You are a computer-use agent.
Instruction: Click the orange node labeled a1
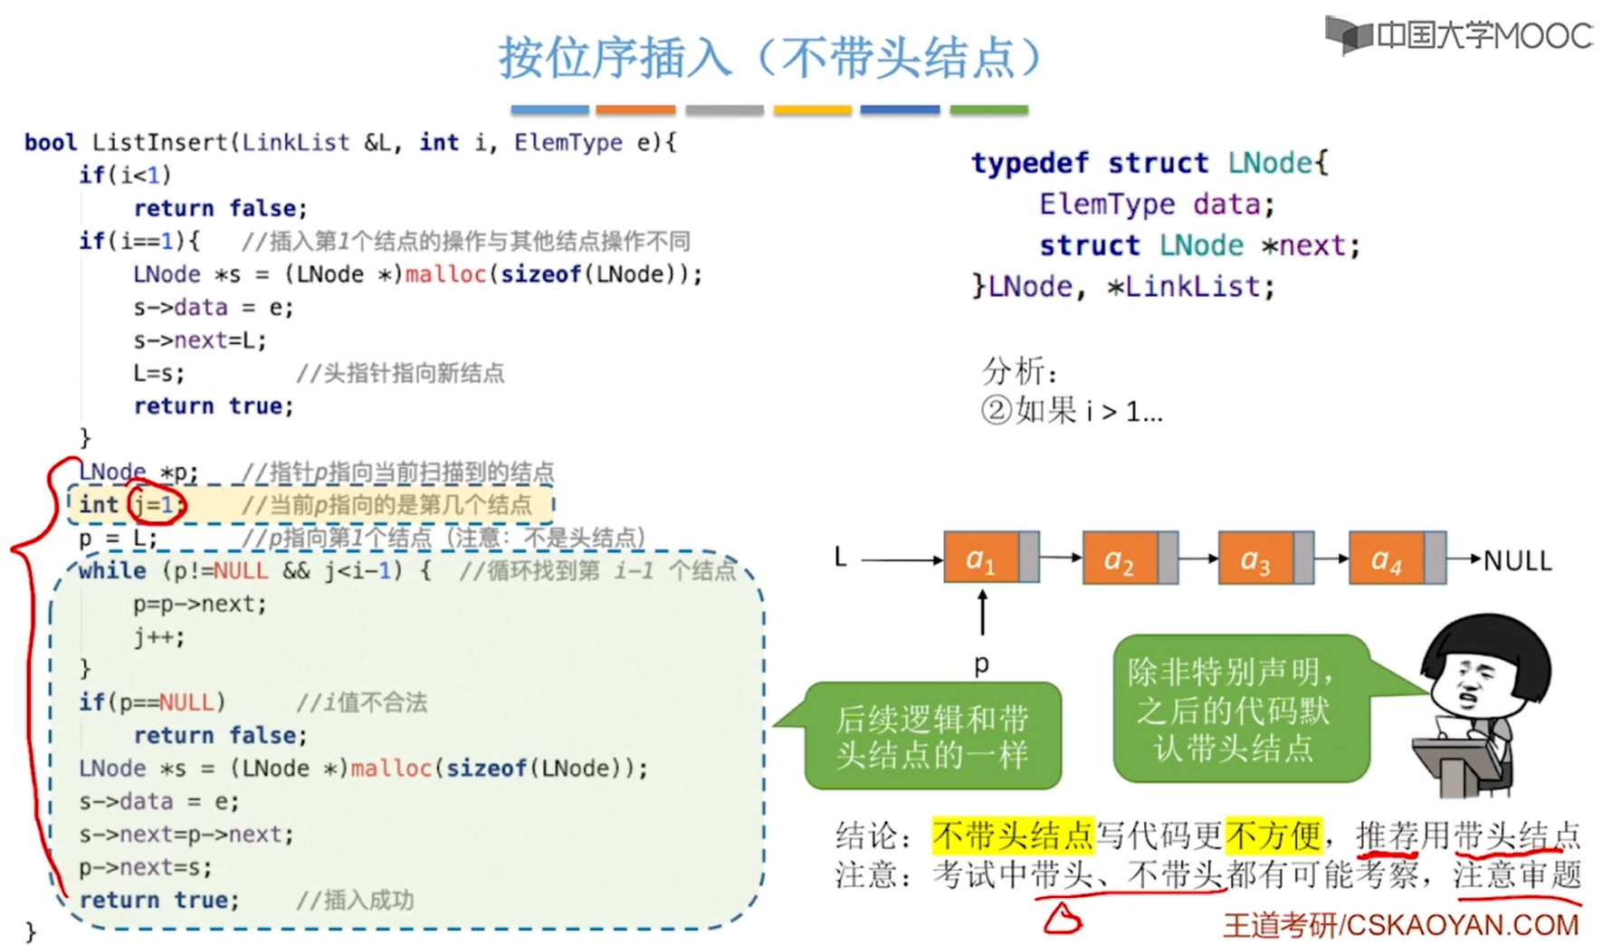click(991, 558)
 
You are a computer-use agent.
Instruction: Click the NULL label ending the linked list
click(1518, 561)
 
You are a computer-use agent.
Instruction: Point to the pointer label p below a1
click(982, 665)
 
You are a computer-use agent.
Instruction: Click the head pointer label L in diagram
click(841, 558)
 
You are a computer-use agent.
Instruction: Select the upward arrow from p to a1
click(982, 612)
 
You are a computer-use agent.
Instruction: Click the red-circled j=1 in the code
click(156, 504)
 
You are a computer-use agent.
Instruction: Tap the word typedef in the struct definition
click(1030, 163)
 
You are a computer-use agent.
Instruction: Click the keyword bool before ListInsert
click(51, 142)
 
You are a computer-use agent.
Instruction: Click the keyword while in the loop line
click(112, 570)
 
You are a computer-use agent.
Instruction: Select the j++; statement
click(159, 637)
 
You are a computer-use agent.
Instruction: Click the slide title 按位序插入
click(615, 57)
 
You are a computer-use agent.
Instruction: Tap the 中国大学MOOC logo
click(1458, 35)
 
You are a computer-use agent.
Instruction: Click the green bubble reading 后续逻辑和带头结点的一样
click(932, 736)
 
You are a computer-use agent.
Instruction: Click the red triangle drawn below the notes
click(1062, 919)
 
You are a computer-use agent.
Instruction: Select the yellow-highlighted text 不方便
click(1274, 835)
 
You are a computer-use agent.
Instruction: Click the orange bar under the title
click(635, 110)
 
